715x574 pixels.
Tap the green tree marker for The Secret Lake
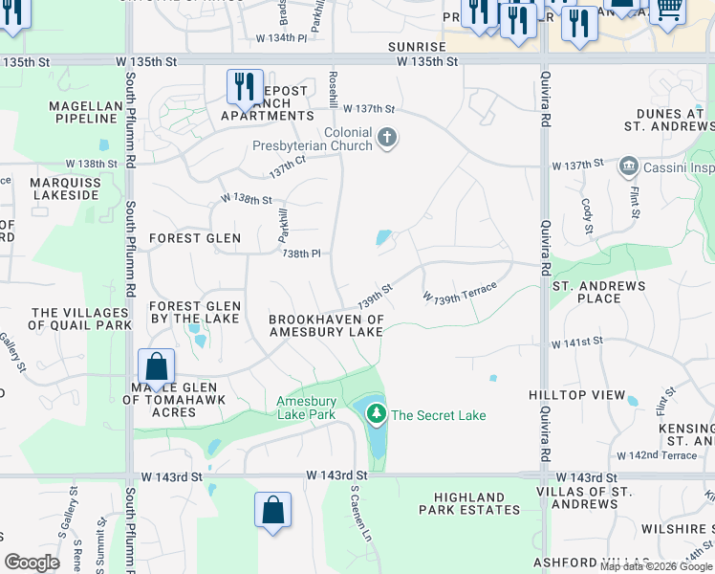(x=377, y=414)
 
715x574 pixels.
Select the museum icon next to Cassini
(x=628, y=166)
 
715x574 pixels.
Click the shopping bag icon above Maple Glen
(x=156, y=366)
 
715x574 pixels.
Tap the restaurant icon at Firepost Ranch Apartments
(x=244, y=87)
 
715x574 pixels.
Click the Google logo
(x=32, y=563)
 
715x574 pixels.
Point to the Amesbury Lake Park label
(x=306, y=408)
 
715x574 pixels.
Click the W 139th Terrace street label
(x=460, y=292)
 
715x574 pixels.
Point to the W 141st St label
(x=576, y=342)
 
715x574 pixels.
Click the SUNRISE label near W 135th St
(x=417, y=46)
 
